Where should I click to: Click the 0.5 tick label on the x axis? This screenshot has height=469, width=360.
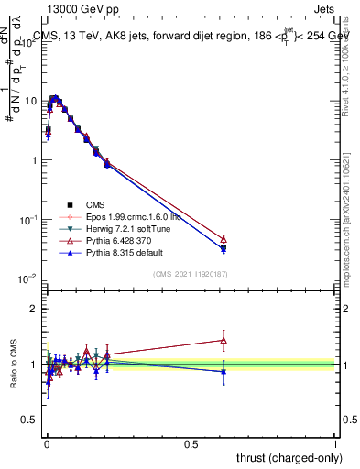point(191,444)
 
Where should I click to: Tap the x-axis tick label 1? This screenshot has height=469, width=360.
point(335,444)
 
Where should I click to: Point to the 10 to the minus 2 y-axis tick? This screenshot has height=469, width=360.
point(29,278)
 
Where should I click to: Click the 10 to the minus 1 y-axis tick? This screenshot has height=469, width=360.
point(29,220)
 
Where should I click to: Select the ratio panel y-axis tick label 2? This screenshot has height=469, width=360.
point(33,309)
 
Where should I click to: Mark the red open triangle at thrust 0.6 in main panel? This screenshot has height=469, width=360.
point(224,239)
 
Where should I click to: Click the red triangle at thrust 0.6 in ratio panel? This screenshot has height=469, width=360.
point(224,340)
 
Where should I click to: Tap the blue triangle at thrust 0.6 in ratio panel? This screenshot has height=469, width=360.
point(224,371)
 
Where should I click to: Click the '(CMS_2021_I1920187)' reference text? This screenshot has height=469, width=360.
point(189,274)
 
